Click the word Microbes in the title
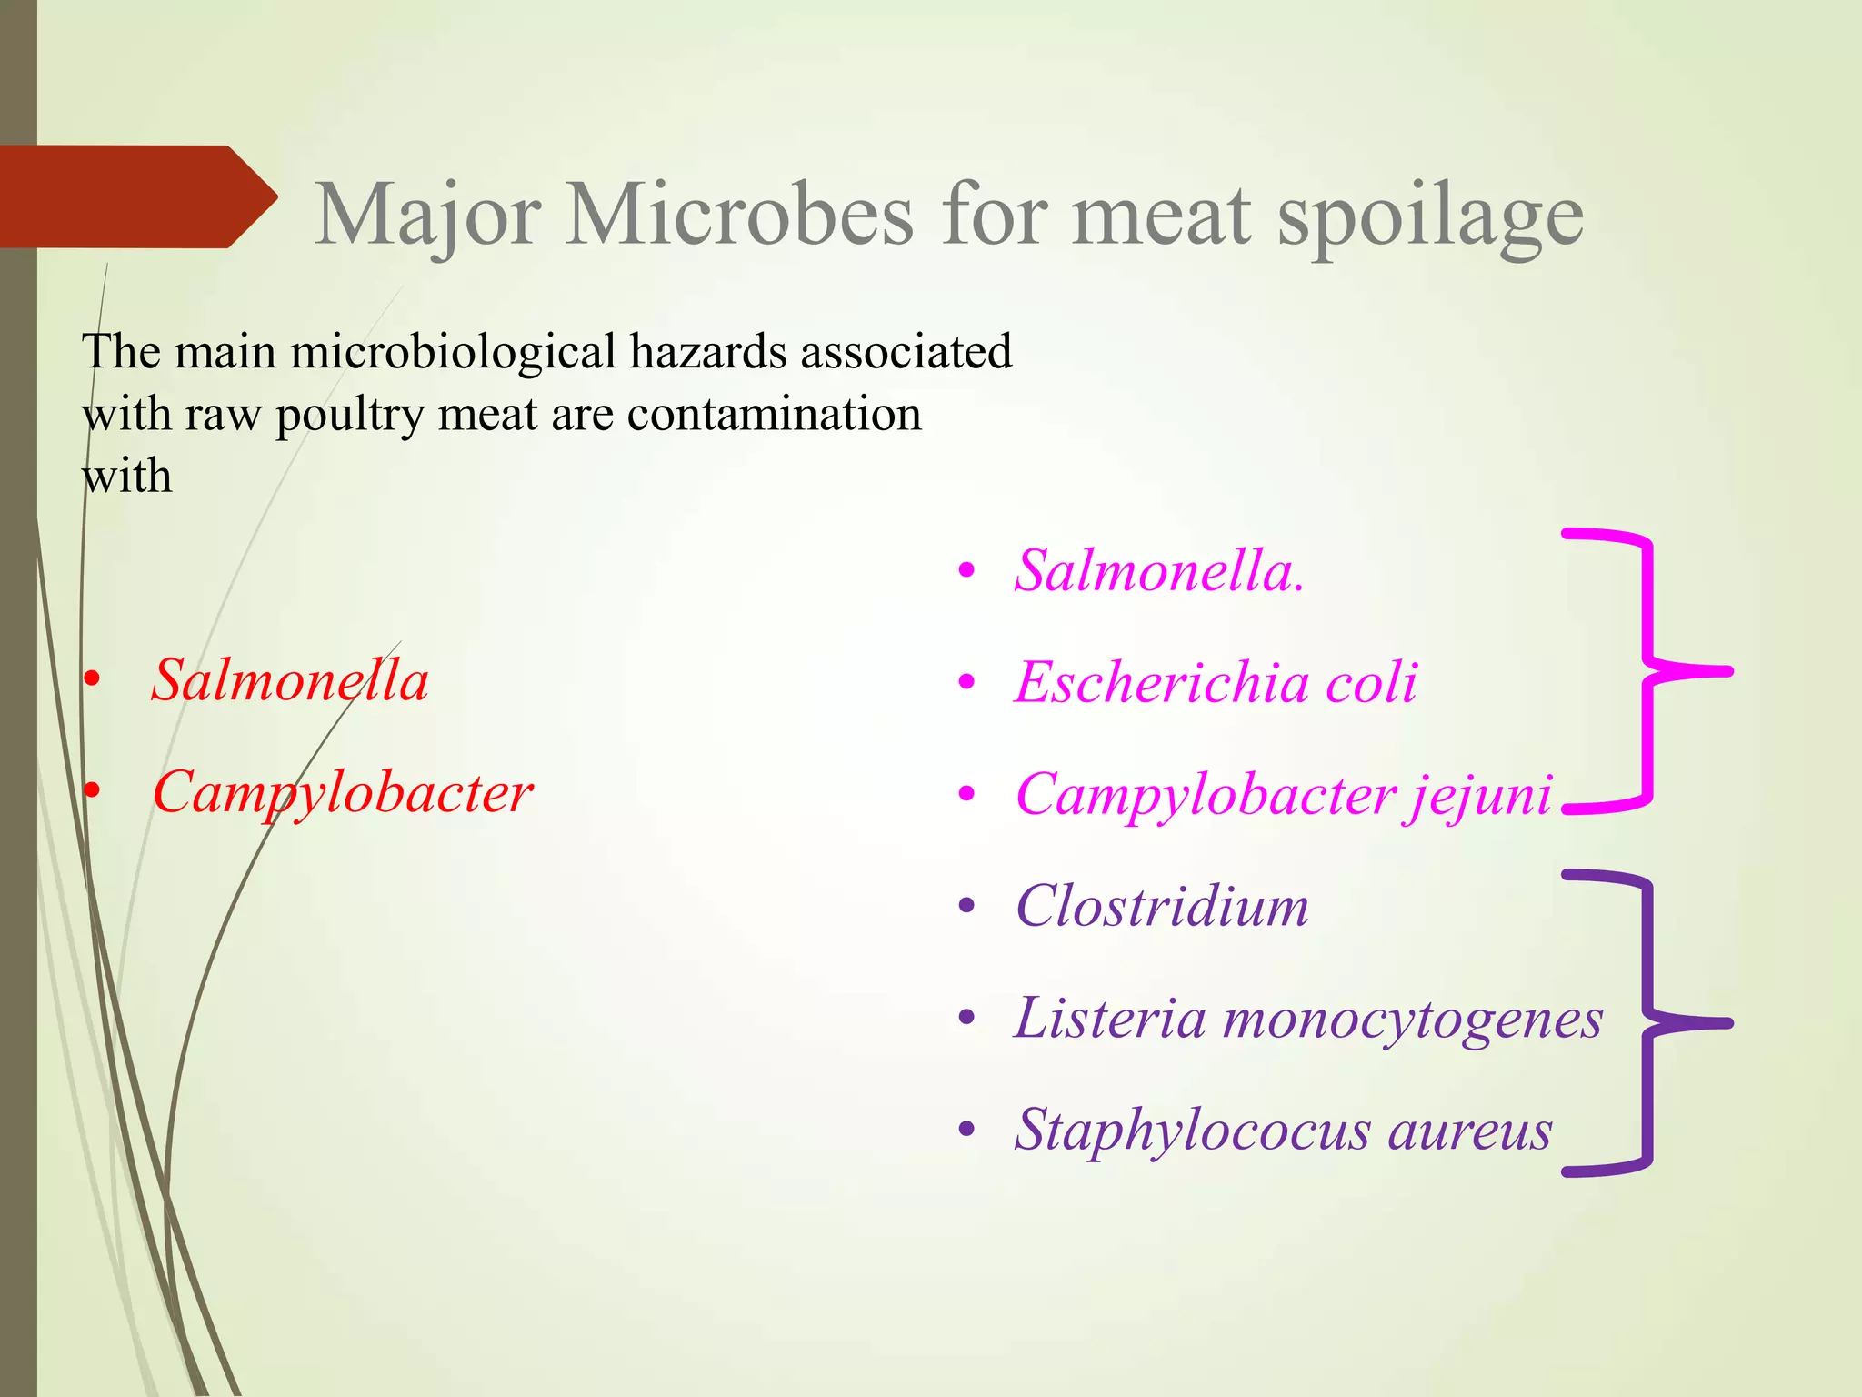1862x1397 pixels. point(738,215)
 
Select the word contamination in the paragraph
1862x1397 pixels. point(774,415)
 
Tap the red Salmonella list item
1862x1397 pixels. point(289,680)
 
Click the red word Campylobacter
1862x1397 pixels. point(342,793)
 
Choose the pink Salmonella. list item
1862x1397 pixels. point(1159,571)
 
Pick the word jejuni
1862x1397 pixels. point(1477,795)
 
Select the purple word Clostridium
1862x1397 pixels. point(1162,906)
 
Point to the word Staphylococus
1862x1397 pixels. point(1193,1131)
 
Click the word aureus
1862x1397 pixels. point(1469,1131)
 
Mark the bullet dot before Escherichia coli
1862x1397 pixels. point(966,682)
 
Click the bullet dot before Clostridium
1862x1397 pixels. point(966,906)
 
